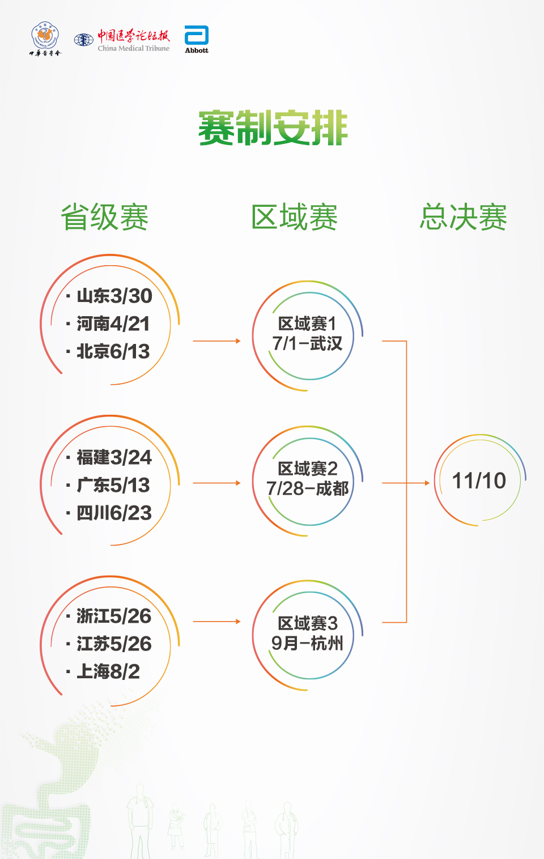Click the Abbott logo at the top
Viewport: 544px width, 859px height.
pos(197,39)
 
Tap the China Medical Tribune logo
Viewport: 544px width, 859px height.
pos(122,40)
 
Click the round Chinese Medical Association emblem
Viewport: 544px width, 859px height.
pos(45,37)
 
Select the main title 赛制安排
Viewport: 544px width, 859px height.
pos(273,128)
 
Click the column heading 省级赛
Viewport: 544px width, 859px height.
pos(105,218)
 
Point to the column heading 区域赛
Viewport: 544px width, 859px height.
pos(295,218)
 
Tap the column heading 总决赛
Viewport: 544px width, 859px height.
pos(464,218)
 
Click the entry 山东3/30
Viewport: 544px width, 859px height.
pos(114,296)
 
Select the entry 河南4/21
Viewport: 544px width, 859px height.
pos(113,324)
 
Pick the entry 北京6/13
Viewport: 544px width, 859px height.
pos(113,351)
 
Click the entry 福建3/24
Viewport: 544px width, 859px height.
pos(114,457)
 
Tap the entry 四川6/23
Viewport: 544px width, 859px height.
pos(114,513)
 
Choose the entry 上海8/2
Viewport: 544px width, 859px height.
pos(108,671)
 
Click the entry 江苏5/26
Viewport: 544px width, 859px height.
pos(114,644)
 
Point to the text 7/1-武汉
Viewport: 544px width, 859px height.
pos(307,343)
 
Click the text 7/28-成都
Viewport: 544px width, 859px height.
pos(307,488)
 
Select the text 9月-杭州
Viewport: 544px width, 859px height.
pos(307,643)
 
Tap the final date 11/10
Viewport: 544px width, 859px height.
pos(479,481)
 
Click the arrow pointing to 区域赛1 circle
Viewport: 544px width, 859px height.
pos(217,341)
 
